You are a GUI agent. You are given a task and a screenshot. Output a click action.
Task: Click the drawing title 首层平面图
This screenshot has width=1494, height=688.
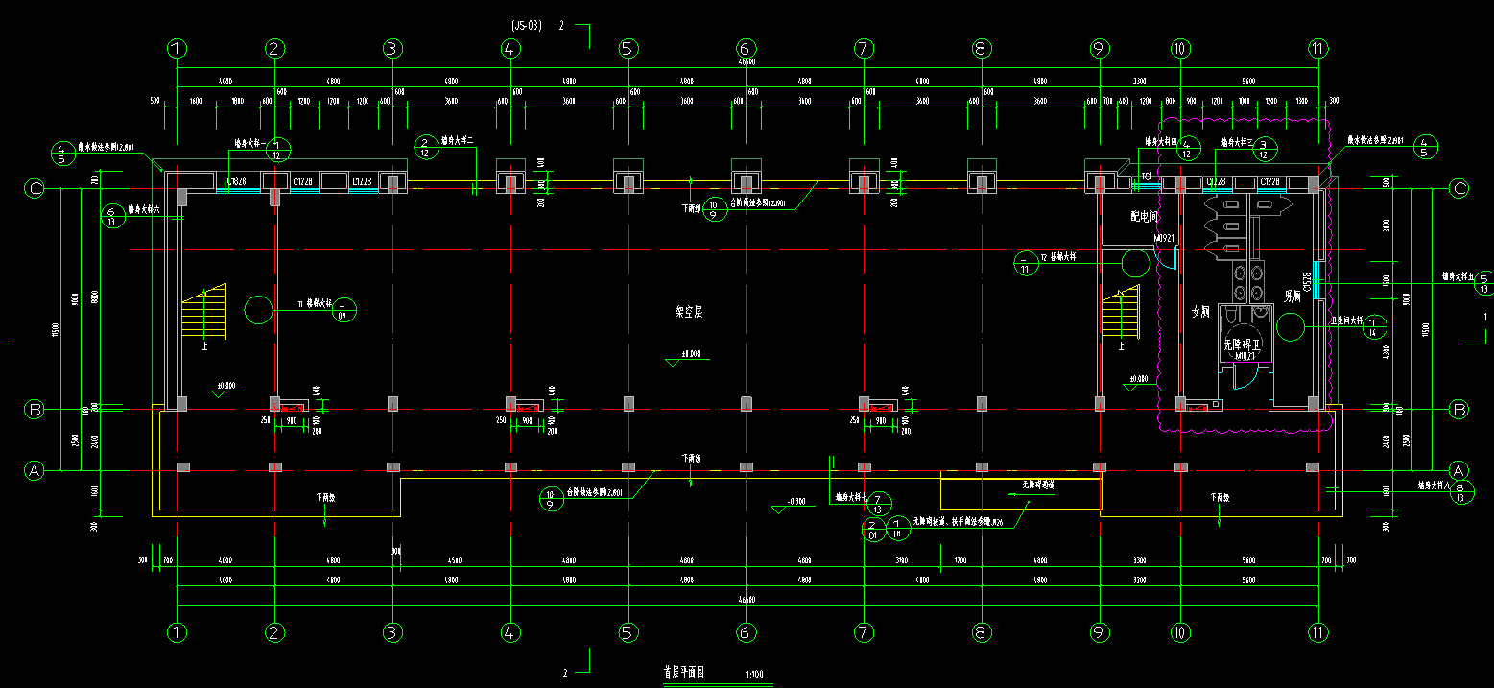point(683,674)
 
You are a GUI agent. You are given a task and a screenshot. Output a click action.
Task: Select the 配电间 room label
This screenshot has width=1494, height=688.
point(1145,218)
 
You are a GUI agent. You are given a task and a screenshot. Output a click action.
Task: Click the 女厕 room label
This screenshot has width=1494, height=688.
point(1200,311)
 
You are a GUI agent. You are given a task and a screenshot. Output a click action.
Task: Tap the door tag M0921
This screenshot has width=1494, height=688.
point(1164,237)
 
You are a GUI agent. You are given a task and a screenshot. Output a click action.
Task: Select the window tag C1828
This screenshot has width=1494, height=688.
point(236,180)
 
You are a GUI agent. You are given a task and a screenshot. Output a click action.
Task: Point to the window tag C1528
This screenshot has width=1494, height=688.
point(1308,281)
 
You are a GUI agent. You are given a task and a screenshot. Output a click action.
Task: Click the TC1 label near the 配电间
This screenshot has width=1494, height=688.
point(1146,176)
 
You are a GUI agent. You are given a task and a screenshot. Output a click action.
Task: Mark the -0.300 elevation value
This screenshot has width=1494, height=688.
point(795,502)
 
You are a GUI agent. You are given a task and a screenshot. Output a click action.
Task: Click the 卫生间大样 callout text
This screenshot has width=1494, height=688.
point(1346,322)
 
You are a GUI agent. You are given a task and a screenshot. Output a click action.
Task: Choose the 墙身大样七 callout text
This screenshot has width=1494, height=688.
point(851,497)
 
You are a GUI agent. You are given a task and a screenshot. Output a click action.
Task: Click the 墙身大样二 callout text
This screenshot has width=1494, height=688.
point(459,141)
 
